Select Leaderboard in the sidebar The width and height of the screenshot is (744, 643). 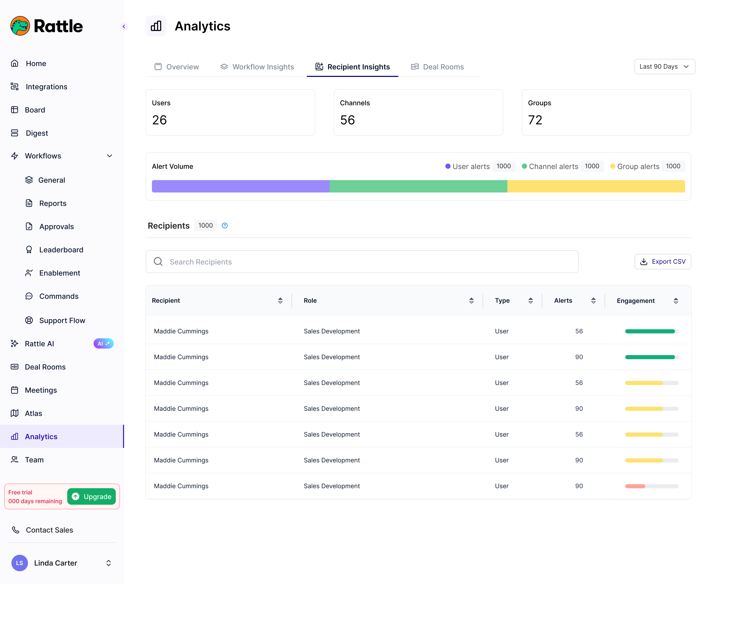pos(61,250)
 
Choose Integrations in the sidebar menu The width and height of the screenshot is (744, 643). pos(46,87)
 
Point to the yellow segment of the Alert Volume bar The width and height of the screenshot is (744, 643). pos(596,186)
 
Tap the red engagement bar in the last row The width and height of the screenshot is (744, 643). pos(635,486)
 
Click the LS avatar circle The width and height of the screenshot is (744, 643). pos(19,563)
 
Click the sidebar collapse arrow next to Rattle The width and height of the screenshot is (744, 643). pos(124,27)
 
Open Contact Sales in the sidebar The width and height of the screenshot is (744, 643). pos(49,530)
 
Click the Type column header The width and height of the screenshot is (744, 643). pos(502,301)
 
